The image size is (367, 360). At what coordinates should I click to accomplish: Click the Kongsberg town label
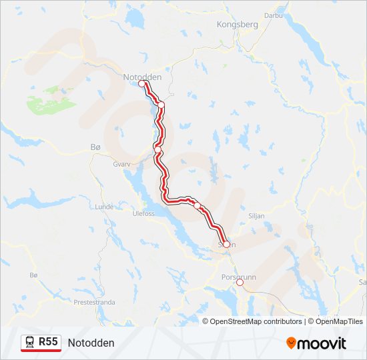tap(237, 24)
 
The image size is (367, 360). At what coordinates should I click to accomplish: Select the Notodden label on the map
tap(142, 77)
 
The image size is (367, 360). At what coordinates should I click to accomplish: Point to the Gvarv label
tap(121, 163)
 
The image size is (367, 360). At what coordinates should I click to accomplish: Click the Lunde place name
tap(105, 207)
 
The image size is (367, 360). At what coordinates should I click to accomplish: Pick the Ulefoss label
tap(143, 213)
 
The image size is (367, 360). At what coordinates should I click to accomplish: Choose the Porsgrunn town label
tap(238, 276)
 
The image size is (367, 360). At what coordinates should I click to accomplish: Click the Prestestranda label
tap(94, 302)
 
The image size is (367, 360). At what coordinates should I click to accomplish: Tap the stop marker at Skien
tap(226, 245)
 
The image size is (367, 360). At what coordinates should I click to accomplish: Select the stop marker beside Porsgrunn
tap(240, 283)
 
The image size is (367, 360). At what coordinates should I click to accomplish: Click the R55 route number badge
tap(48, 342)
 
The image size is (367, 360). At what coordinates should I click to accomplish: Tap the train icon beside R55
tap(30, 343)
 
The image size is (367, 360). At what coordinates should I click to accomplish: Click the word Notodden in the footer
tap(91, 343)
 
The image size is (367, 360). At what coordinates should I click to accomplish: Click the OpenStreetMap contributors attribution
tap(256, 321)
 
